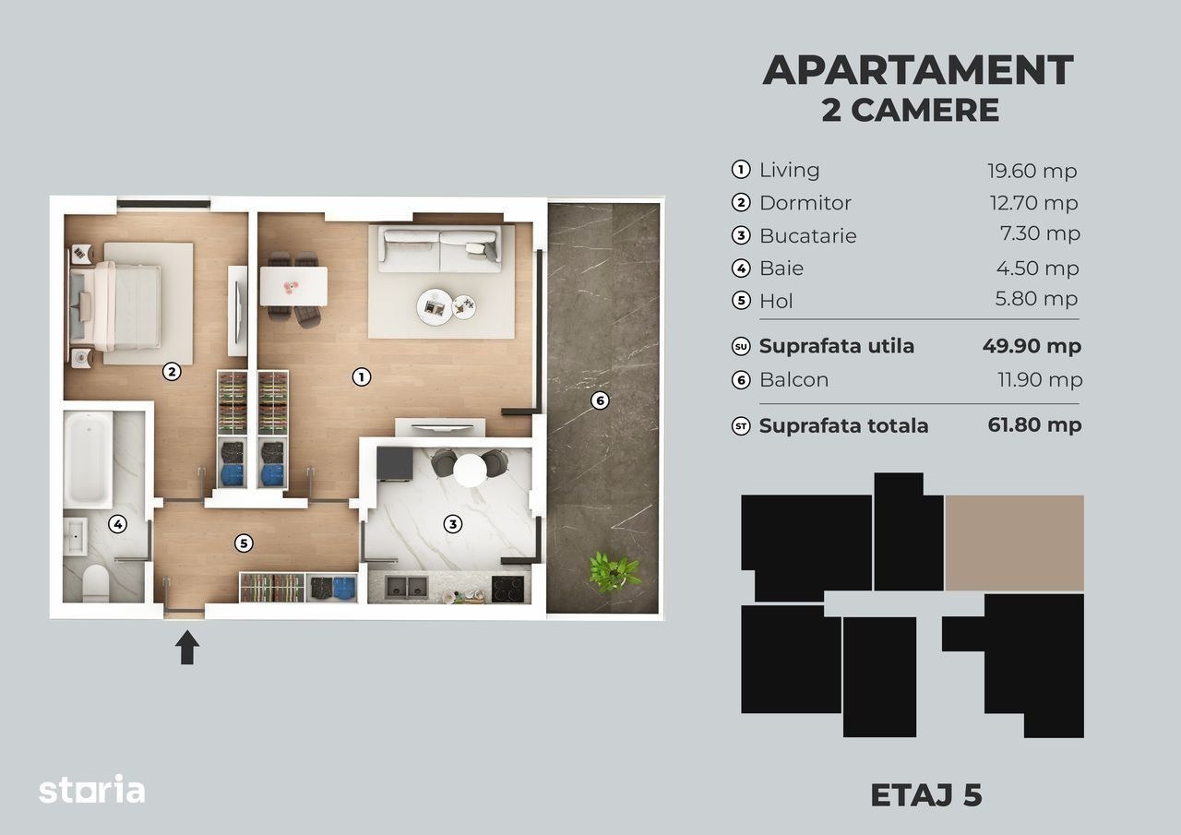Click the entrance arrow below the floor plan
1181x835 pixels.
pyautogui.click(x=187, y=648)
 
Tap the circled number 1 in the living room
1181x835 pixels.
pyautogui.click(x=361, y=377)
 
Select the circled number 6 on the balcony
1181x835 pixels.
pyautogui.click(x=600, y=400)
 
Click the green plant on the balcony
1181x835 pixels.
pyautogui.click(x=614, y=572)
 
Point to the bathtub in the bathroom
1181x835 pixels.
pyautogui.click(x=88, y=458)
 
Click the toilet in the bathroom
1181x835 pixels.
pyautogui.click(x=95, y=583)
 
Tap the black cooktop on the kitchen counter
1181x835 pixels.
pyautogui.click(x=507, y=589)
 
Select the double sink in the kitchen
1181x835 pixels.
pyautogui.click(x=406, y=588)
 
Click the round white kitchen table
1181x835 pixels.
pyautogui.click(x=470, y=470)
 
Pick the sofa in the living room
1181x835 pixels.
pyautogui.click(x=440, y=248)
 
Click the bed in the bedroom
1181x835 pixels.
pyautogui.click(x=115, y=306)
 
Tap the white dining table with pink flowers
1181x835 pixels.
pyautogui.click(x=293, y=286)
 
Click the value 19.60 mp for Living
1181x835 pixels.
pyautogui.click(x=1032, y=172)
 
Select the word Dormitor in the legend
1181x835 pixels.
pyautogui.click(x=805, y=203)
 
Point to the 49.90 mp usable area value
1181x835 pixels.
pyautogui.click(x=1032, y=346)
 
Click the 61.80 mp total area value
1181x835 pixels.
pyautogui.click(x=1034, y=424)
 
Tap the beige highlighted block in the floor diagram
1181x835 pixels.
pyautogui.click(x=1014, y=543)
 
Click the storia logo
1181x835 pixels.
pyautogui.click(x=91, y=789)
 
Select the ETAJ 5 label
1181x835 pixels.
pyautogui.click(x=925, y=795)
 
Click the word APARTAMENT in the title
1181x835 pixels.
pyautogui.click(x=918, y=70)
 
